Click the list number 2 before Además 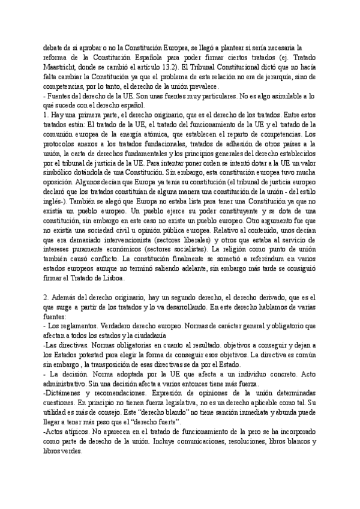[46, 299]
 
